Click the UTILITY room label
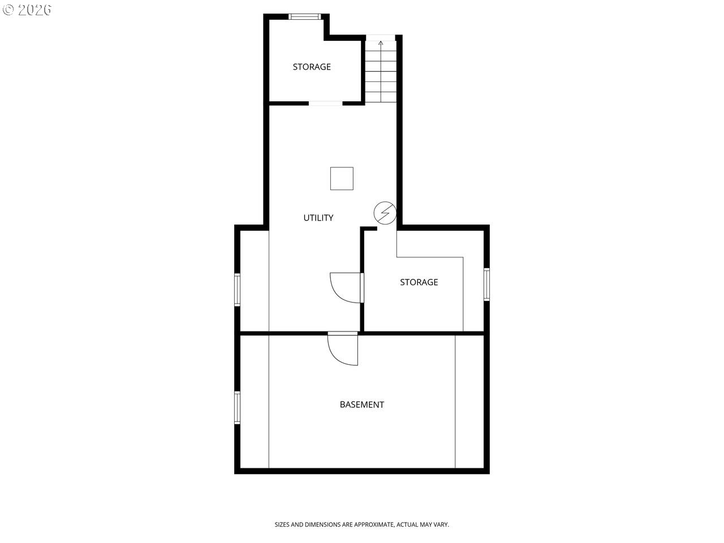coord(318,218)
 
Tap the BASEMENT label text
coord(362,404)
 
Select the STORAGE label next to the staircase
coord(312,67)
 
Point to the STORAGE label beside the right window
coord(419,282)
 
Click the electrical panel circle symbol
coord(385,213)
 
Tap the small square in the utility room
coord(342,178)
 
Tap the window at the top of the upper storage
coord(304,16)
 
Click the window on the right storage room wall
coord(486,285)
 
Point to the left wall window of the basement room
coord(237,407)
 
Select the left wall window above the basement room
coord(237,290)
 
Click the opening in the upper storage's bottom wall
coord(326,104)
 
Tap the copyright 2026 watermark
coord(27,10)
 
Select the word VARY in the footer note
coord(441,524)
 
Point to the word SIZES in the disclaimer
coord(282,524)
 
